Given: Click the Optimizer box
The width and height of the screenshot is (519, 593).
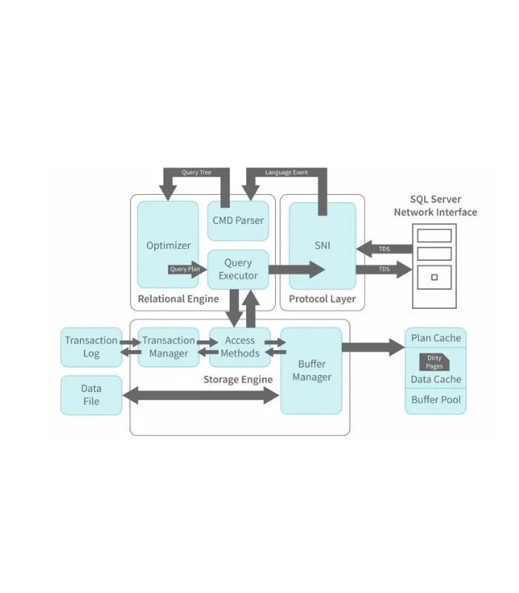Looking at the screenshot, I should pyautogui.click(x=168, y=245).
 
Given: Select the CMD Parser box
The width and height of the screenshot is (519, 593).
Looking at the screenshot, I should pyautogui.click(x=237, y=220).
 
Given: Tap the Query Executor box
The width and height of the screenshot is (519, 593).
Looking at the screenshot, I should pyautogui.click(x=237, y=269).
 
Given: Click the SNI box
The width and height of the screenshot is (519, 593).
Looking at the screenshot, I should pyautogui.click(x=322, y=245).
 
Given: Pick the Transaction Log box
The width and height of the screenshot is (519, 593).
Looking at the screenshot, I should pyautogui.click(x=91, y=347).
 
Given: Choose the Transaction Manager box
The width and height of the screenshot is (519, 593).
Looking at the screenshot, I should pyautogui.click(x=168, y=347).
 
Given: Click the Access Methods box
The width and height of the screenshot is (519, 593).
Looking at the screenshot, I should pyautogui.click(x=239, y=347).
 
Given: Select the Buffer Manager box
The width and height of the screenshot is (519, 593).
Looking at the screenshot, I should pyautogui.click(x=311, y=371).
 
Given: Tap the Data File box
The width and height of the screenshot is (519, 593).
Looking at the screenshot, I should pyautogui.click(x=91, y=395).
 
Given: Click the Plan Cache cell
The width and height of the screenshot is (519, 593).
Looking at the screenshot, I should pyautogui.click(x=435, y=338).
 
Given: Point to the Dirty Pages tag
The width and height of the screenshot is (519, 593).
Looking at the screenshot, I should pyautogui.click(x=434, y=362).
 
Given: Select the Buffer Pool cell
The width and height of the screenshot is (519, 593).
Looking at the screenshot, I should pyautogui.click(x=435, y=400).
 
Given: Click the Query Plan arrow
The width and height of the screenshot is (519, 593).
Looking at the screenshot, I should pyautogui.click(x=185, y=270).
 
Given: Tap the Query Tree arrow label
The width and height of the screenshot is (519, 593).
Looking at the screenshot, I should pyautogui.click(x=196, y=173).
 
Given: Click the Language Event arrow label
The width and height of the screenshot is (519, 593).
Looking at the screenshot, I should pyautogui.click(x=286, y=173).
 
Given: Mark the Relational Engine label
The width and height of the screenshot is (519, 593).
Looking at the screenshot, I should pyautogui.click(x=178, y=299).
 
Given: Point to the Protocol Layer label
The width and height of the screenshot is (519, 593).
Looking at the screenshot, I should pyautogui.click(x=322, y=299).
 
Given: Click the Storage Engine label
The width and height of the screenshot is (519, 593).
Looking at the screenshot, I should pyautogui.click(x=238, y=380).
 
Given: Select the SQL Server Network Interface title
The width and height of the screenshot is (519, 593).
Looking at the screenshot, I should pyautogui.click(x=435, y=206).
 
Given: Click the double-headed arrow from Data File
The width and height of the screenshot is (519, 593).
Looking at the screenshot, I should pyautogui.click(x=200, y=397).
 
